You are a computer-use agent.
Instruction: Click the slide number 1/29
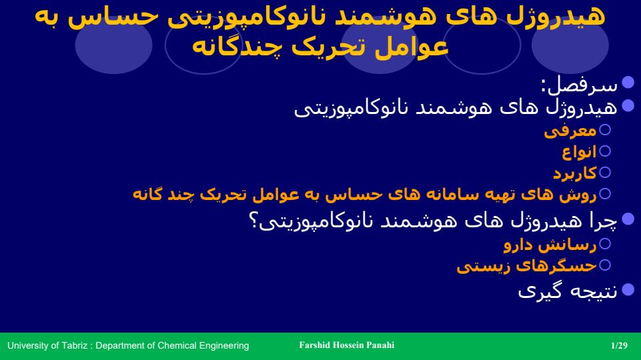pyautogui.click(x=619, y=345)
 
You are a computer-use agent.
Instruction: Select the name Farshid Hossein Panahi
pyautogui.click(x=347, y=345)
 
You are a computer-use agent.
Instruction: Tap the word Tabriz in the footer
pyautogui.click(x=75, y=345)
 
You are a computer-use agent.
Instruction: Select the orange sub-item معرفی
pyautogui.click(x=570, y=131)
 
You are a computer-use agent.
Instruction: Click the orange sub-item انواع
pyautogui.click(x=579, y=152)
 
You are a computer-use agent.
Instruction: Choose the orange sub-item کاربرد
pyautogui.click(x=575, y=173)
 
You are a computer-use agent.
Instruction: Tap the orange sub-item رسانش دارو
pyautogui.click(x=550, y=245)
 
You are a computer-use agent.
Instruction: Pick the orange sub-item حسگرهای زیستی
pyautogui.click(x=526, y=265)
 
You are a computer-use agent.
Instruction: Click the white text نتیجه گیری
pyautogui.click(x=568, y=291)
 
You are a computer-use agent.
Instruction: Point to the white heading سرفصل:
pyautogui.click(x=579, y=85)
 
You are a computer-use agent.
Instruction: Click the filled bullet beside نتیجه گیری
pyautogui.click(x=628, y=290)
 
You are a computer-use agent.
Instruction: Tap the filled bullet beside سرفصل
pyautogui.click(x=628, y=82)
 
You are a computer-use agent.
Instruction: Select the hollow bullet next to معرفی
pyautogui.click(x=604, y=129)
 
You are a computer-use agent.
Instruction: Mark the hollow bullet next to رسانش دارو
pyautogui.click(x=604, y=243)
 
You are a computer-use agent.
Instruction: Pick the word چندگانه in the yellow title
pyautogui.click(x=236, y=47)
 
